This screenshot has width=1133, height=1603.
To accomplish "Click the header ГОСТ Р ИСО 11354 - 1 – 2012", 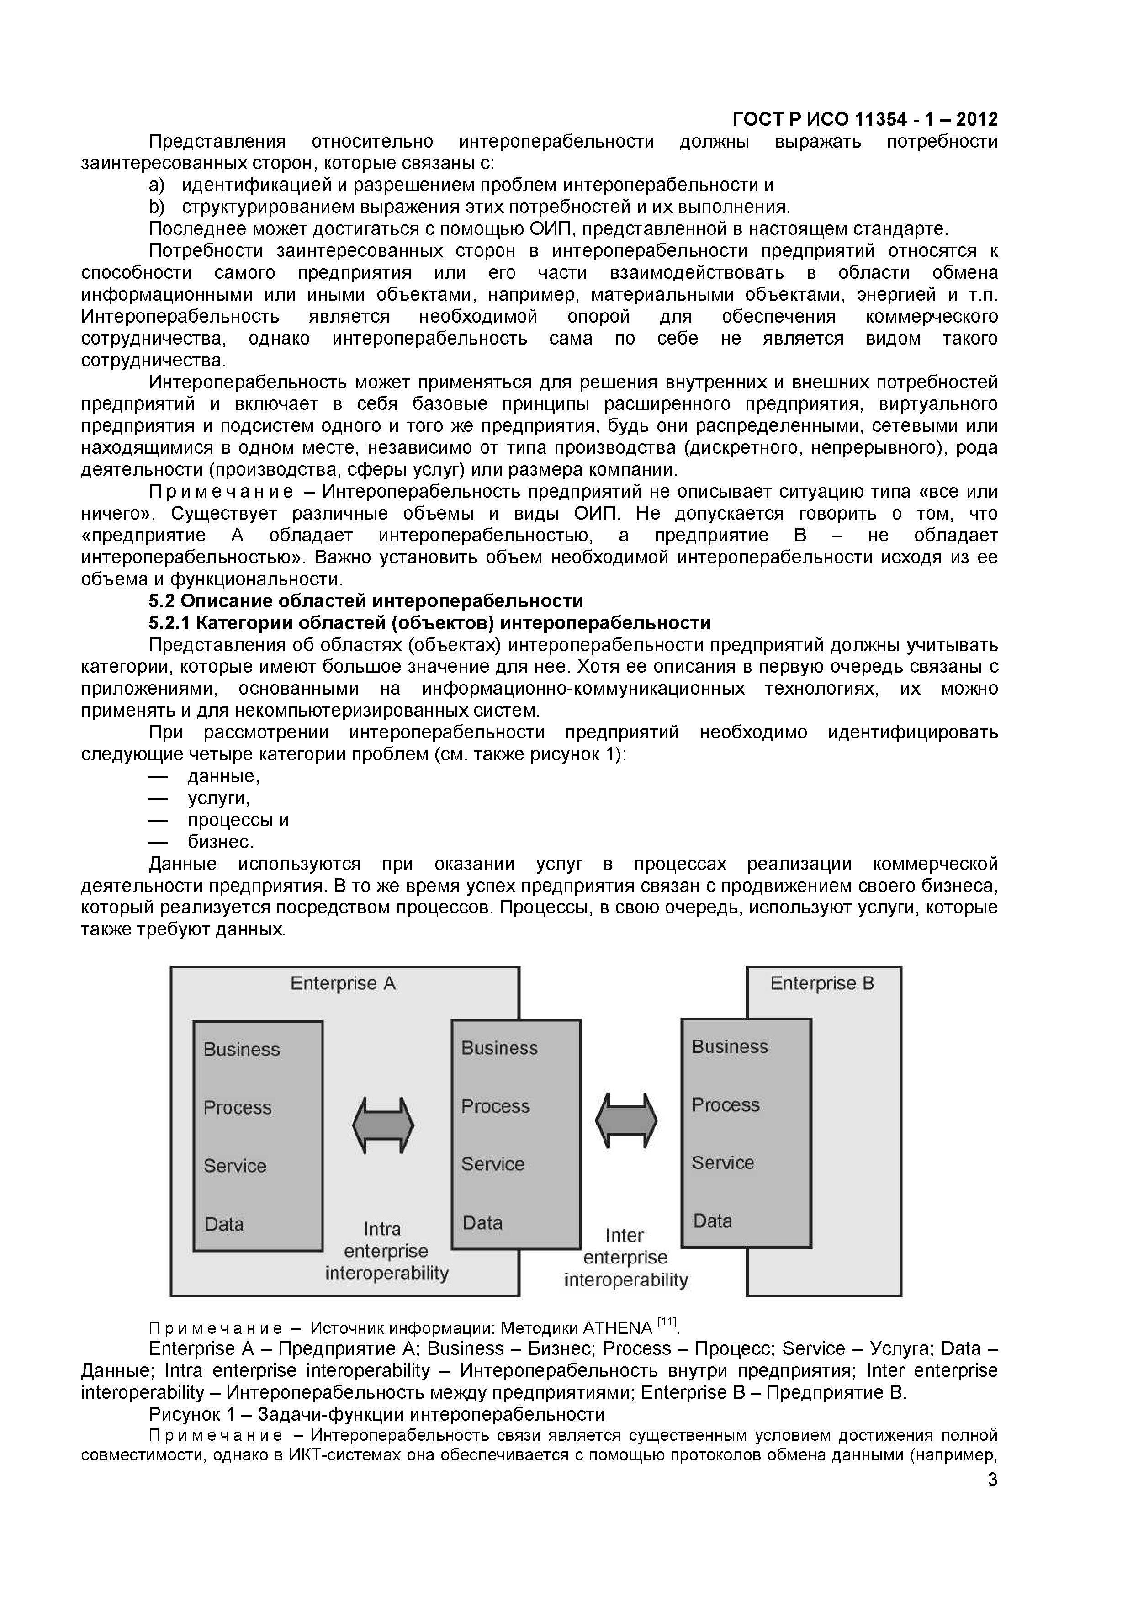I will point(865,119).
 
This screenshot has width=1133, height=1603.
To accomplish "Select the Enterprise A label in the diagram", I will point(343,984).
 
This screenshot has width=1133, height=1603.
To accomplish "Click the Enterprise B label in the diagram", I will point(821,984).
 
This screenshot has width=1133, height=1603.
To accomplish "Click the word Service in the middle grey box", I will point(492,1164).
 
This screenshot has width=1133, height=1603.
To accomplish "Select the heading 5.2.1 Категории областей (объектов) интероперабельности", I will point(429,623).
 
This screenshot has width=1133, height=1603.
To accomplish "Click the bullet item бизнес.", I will point(220,842).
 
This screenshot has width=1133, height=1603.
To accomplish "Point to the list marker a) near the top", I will point(156,185).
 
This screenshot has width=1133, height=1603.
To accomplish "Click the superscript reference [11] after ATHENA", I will point(667,1322).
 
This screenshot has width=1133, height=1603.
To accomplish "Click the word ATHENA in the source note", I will point(616,1328).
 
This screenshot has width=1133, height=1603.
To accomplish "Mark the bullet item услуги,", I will point(218,798).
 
